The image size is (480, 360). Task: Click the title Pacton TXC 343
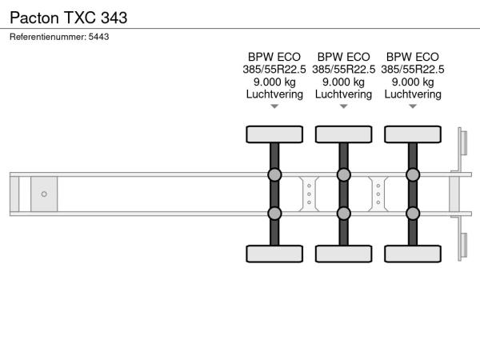point(69,18)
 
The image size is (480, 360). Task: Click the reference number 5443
point(98,37)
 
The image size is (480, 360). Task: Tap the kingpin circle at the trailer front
point(44,194)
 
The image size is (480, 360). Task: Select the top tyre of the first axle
point(274,134)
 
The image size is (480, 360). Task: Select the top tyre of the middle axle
point(344,134)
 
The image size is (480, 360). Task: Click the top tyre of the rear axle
point(413,134)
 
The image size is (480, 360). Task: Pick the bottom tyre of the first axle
point(274,254)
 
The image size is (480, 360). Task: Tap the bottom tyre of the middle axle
point(344,254)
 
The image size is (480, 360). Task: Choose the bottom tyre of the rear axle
point(413,254)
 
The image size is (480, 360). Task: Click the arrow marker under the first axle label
point(274,106)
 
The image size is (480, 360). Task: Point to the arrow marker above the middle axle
point(344,106)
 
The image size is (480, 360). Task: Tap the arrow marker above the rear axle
point(413,106)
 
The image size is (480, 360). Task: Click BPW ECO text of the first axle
point(274,57)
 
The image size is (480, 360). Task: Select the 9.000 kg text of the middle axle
point(343,82)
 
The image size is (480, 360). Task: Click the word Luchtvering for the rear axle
point(413,94)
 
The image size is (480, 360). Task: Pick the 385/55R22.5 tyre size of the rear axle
point(413,70)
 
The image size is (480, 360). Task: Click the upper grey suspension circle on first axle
point(274,174)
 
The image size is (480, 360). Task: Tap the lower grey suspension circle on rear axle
point(413,214)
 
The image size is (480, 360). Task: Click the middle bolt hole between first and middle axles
point(309,194)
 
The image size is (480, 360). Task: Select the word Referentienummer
point(48,37)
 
